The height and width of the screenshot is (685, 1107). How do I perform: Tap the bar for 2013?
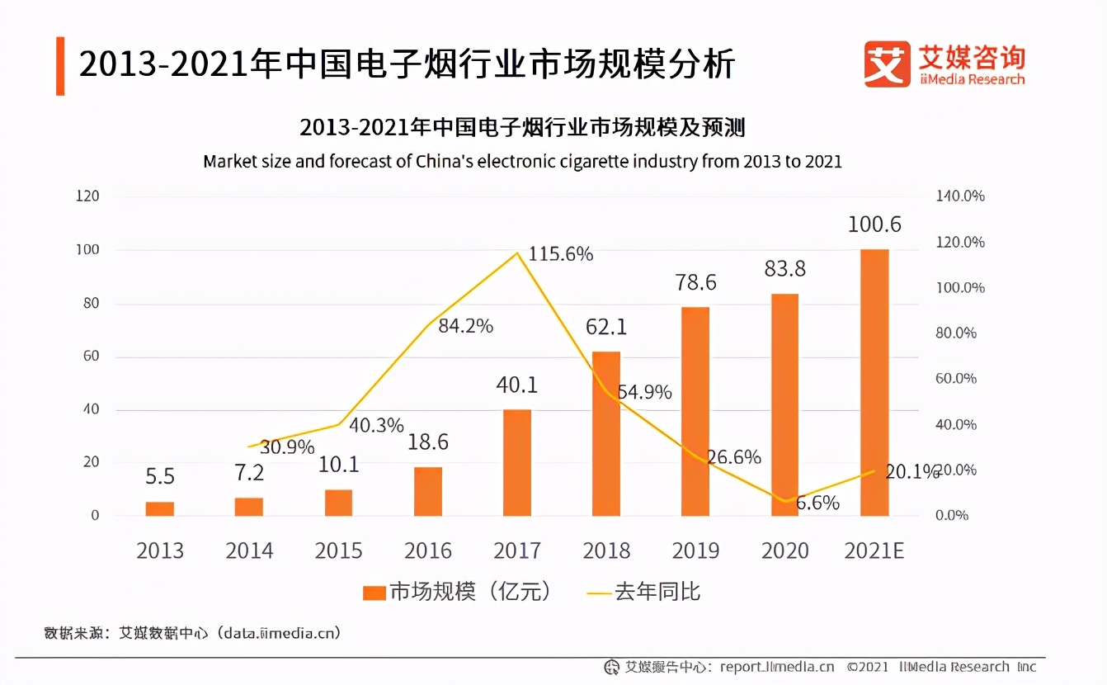160,508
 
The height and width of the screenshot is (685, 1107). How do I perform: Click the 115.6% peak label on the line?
561,254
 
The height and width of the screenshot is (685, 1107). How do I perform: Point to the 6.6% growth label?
817,503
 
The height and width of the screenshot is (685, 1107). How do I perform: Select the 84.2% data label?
465,326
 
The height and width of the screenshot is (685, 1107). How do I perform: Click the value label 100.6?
874,224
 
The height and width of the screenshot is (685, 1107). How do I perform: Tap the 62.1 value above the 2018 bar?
605,327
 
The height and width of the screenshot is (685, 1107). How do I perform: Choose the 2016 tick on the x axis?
428,550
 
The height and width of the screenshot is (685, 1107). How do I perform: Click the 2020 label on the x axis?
784,550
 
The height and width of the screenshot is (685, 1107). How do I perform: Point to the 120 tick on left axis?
88,196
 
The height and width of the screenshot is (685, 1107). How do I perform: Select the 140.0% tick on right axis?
960,196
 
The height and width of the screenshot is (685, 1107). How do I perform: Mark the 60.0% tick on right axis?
956,379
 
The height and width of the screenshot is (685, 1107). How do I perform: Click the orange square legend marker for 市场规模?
374,593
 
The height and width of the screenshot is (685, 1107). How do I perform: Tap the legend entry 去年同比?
657,592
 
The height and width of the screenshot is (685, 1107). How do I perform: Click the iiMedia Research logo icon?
888,64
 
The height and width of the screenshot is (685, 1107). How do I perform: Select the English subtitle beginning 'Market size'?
522,161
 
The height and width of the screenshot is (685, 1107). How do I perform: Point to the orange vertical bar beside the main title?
60,65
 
